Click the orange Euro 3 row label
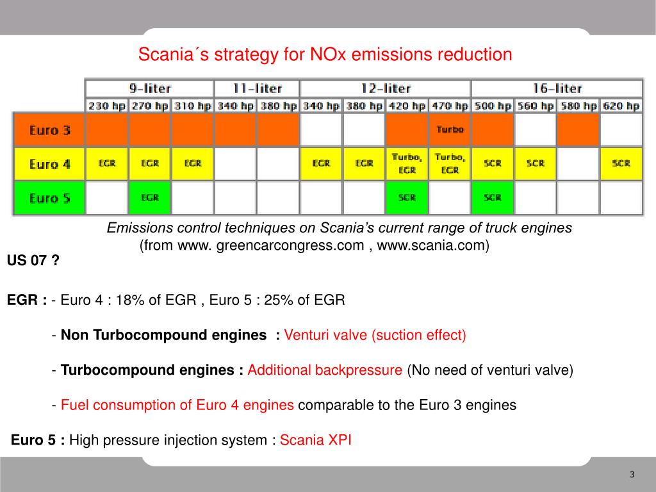tap(49, 131)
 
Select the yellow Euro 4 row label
tap(49, 164)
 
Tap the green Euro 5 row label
tap(49, 198)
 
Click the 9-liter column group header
tap(149, 88)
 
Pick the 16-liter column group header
tap(557, 88)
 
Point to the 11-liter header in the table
tap(256, 88)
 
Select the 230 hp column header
tap(107, 106)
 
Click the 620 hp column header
tap(621, 106)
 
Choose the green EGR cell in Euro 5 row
tap(150, 198)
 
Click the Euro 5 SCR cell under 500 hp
tap(493, 198)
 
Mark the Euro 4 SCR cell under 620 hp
tap(621, 164)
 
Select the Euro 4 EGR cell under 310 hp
tap(193, 164)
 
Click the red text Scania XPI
tap(316, 440)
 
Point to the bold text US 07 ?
tap(33, 261)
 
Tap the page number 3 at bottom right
tap(632, 475)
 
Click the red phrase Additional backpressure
tap(325, 370)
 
